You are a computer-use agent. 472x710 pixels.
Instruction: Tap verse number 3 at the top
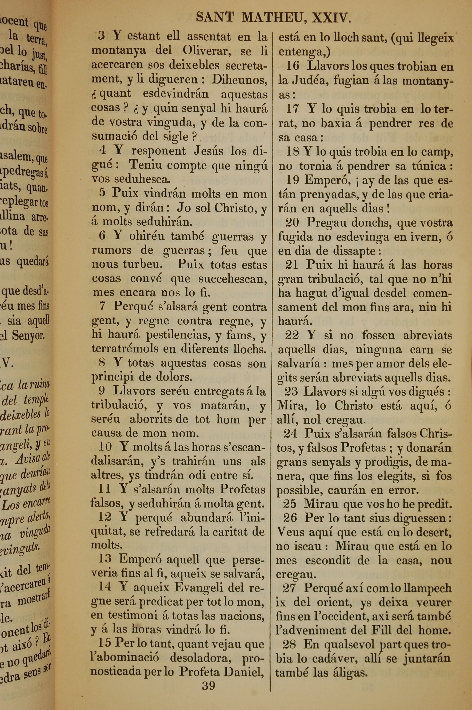tap(101, 36)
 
